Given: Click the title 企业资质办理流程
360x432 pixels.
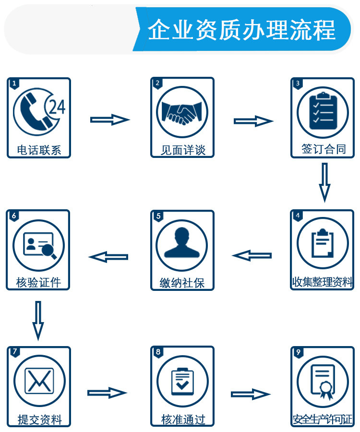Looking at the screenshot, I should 241,30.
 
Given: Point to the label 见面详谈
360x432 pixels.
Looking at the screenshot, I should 182,150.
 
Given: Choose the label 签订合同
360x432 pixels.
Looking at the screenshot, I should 323,149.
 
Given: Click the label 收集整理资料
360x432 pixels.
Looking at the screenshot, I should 323,282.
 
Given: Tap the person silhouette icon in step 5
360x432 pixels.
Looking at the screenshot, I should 182,244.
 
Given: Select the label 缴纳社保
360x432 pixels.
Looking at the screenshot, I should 182,283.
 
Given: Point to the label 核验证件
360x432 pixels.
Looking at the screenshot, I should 38,282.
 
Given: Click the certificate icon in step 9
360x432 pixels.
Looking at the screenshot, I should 323,381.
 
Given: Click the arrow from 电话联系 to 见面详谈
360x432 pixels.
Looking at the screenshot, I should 110,120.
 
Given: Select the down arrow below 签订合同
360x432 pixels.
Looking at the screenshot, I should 324,182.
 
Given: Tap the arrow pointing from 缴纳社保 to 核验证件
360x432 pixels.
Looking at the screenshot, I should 109,257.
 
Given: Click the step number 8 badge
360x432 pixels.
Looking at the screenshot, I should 158,352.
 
